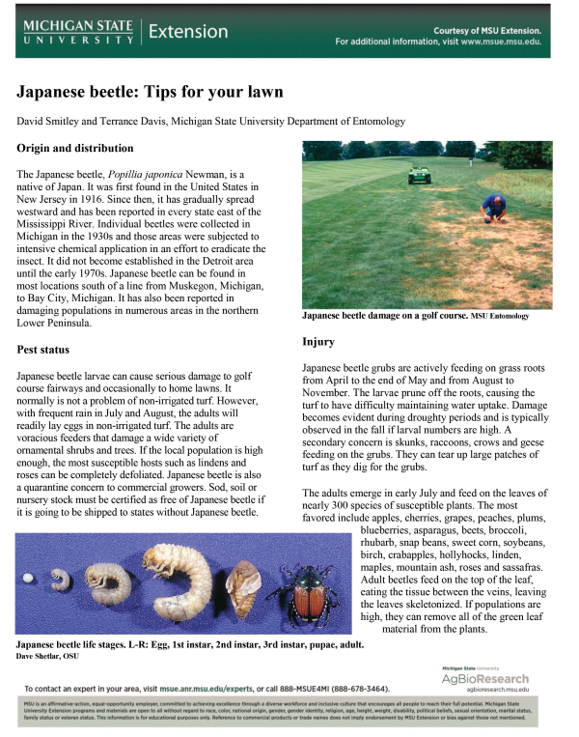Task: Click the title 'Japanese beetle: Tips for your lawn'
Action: [150, 93]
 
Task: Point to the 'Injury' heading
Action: [318, 342]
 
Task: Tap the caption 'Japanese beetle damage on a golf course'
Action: [385, 316]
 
